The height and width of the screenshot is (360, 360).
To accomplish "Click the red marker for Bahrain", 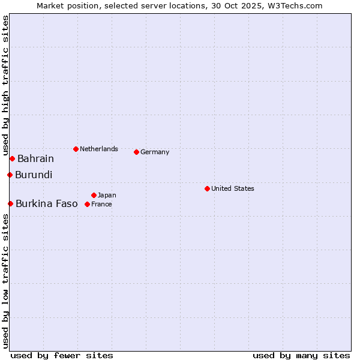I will point(12,158).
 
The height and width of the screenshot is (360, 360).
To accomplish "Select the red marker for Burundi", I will point(10,175).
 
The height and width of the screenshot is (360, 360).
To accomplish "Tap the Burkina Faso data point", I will point(10,203).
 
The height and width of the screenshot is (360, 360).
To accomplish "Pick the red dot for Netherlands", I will point(76,149).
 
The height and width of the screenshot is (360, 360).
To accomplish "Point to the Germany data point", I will point(136,152).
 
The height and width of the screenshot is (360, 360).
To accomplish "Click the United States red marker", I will point(207,188).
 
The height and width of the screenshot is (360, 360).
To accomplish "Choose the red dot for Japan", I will point(94,195).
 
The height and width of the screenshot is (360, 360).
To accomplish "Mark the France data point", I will point(87,204).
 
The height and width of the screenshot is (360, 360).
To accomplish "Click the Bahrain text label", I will point(35,159).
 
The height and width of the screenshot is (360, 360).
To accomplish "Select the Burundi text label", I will point(34,175).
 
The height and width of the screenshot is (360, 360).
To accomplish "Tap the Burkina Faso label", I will point(47,204).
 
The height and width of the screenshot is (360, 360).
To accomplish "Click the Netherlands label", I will point(99,149).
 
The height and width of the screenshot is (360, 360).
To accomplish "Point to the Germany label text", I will point(155,152).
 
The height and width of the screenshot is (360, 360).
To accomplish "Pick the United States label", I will point(233,188).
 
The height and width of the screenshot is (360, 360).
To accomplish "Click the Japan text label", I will point(107,196).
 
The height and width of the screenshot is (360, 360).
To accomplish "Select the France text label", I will point(101,205).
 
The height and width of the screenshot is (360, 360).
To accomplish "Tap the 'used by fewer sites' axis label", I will point(62,355).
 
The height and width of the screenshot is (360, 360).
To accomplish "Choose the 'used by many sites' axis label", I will point(301,355).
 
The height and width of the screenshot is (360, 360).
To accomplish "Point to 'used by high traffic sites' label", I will point(6,84).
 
